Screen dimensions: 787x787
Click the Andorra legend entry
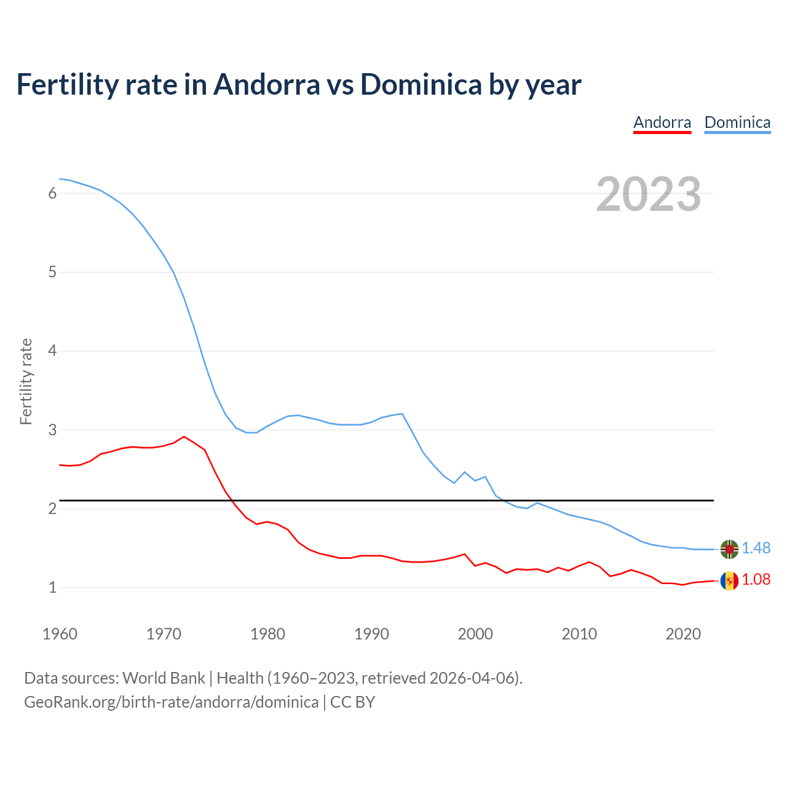tap(662, 122)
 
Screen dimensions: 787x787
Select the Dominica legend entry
tap(737, 122)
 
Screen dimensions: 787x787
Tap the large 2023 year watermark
tap(649, 194)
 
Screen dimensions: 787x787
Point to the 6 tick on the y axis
tap(52, 193)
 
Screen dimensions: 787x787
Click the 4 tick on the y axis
tap(52, 351)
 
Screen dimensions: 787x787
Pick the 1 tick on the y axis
tap(52, 588)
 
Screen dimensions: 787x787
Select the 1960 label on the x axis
tap(60, 634)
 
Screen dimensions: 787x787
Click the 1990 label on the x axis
tap(371, 634)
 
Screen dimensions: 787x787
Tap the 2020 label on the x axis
tap(683, 634)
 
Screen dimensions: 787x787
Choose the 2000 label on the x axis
tap(475, 634)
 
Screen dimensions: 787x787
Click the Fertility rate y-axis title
tap(26, 381)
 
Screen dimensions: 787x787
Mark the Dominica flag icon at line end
tap(729, 549)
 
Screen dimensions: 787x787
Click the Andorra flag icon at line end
tap(729, 580)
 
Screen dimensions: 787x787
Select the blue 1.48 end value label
tap(756, 548)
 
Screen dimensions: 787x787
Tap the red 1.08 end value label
tap(756, 580)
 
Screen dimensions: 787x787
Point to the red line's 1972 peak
tap(184, 437)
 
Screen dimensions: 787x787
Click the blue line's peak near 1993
tap(402, 414)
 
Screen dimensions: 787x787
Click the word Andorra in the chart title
tap(267, 84)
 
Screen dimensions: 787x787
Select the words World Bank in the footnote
tap(164, 678)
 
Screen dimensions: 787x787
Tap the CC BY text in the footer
tap(353, 702)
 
